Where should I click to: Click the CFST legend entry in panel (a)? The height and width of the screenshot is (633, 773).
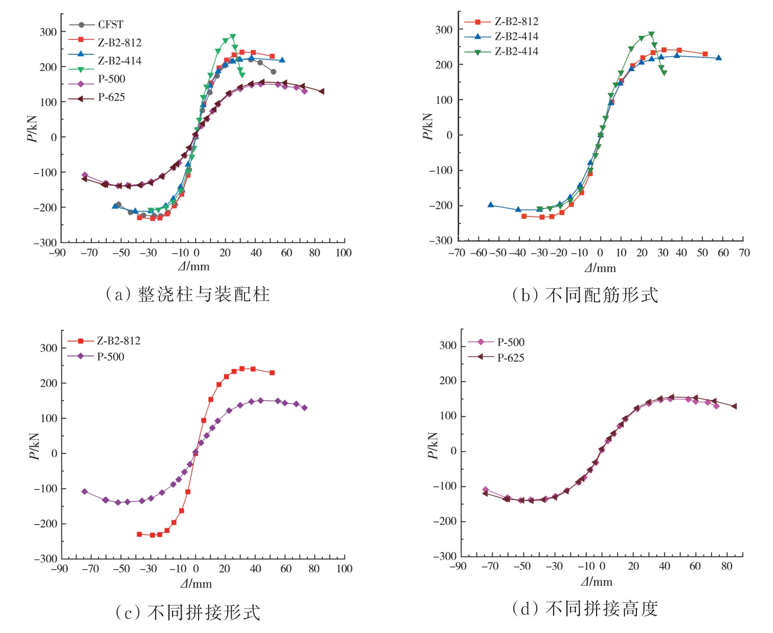110,25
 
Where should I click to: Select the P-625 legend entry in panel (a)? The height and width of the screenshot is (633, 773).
111,98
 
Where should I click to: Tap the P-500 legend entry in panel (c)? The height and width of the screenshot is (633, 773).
110,357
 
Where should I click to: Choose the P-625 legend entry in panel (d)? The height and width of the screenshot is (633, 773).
510,358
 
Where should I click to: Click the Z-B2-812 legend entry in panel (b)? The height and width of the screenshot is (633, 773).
516,21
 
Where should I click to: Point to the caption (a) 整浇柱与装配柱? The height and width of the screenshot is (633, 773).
188,295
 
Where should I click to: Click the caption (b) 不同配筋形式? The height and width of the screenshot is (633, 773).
585,296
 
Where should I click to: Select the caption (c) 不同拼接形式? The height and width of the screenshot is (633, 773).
188,613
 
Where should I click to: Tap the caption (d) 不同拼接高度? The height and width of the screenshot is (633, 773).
585,608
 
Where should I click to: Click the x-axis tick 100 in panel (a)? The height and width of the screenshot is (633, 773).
343,253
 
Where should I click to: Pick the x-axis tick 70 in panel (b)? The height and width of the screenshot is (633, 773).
744,253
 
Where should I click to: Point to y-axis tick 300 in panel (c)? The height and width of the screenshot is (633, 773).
49,348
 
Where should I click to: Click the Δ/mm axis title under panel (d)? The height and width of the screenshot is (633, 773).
596,582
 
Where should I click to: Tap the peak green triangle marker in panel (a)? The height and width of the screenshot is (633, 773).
233,37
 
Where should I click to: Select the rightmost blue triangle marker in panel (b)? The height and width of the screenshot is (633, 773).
719,58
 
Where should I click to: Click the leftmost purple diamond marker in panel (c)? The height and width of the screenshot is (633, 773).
85,491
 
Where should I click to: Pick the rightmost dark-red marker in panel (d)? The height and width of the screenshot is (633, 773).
734,406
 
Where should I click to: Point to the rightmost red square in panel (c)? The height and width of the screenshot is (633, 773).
272,373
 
